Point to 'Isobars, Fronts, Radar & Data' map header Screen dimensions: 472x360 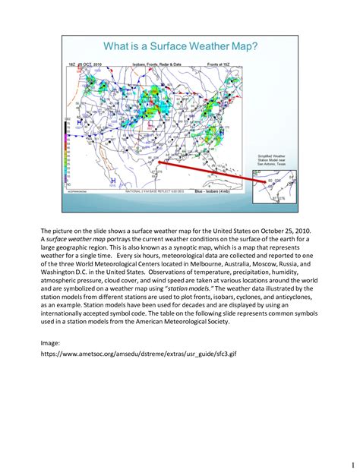coord(157,65)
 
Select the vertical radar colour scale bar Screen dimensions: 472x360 coord(68,148)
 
